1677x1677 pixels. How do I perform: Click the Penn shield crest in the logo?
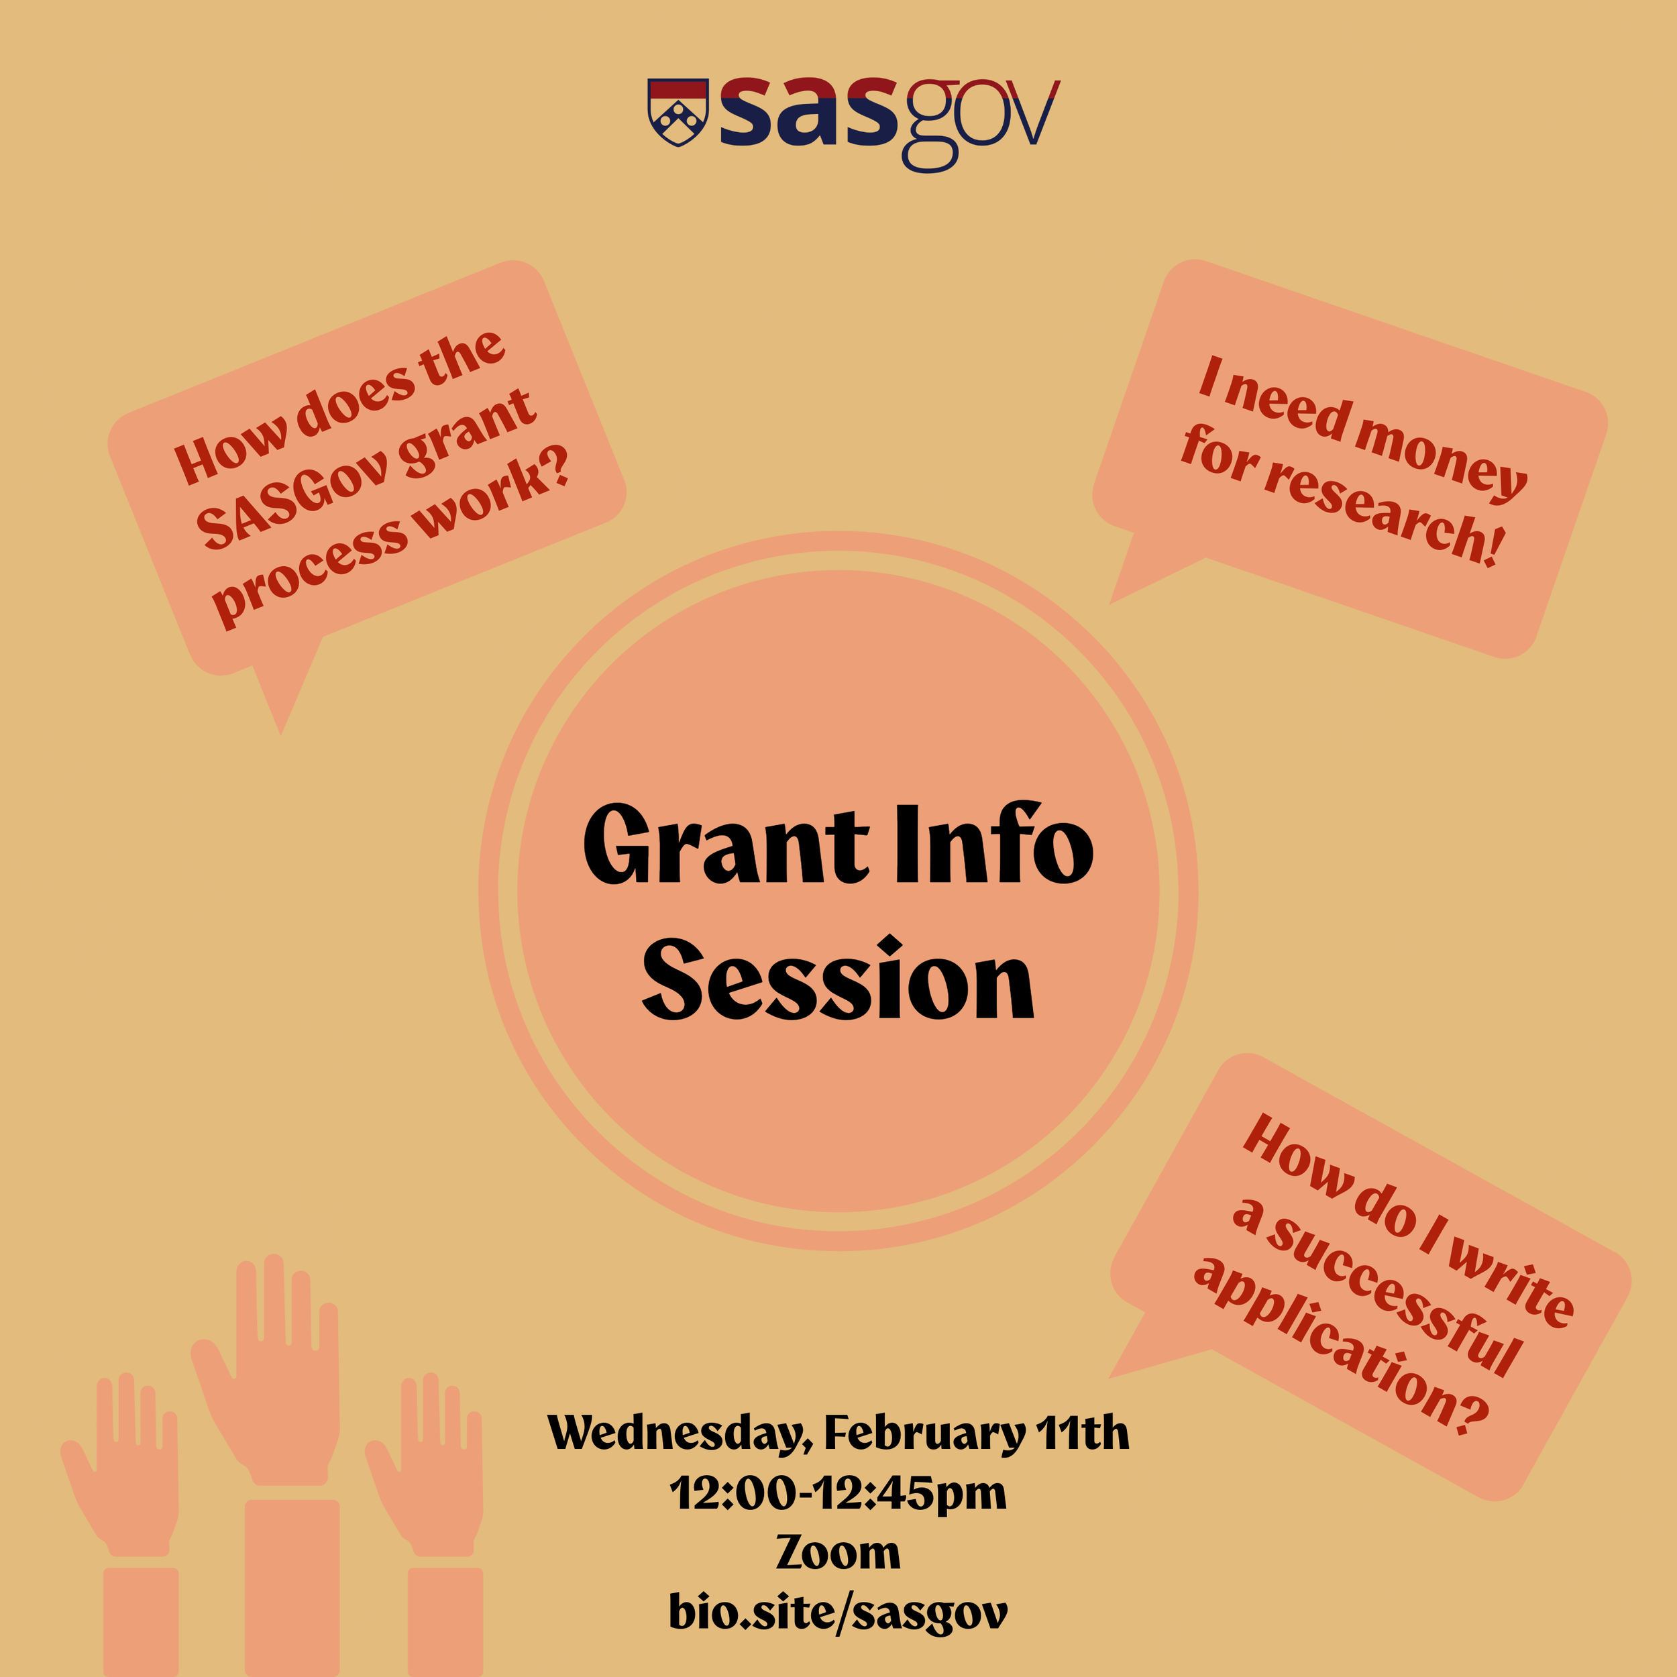point(678,113)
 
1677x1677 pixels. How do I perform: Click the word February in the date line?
point(924,1433)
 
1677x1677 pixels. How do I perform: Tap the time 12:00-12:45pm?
point(838,1493)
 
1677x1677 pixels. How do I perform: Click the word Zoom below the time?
point(838,1553)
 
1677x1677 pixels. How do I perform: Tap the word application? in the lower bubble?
point(1341,1346)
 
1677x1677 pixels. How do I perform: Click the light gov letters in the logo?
point(981,121)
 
